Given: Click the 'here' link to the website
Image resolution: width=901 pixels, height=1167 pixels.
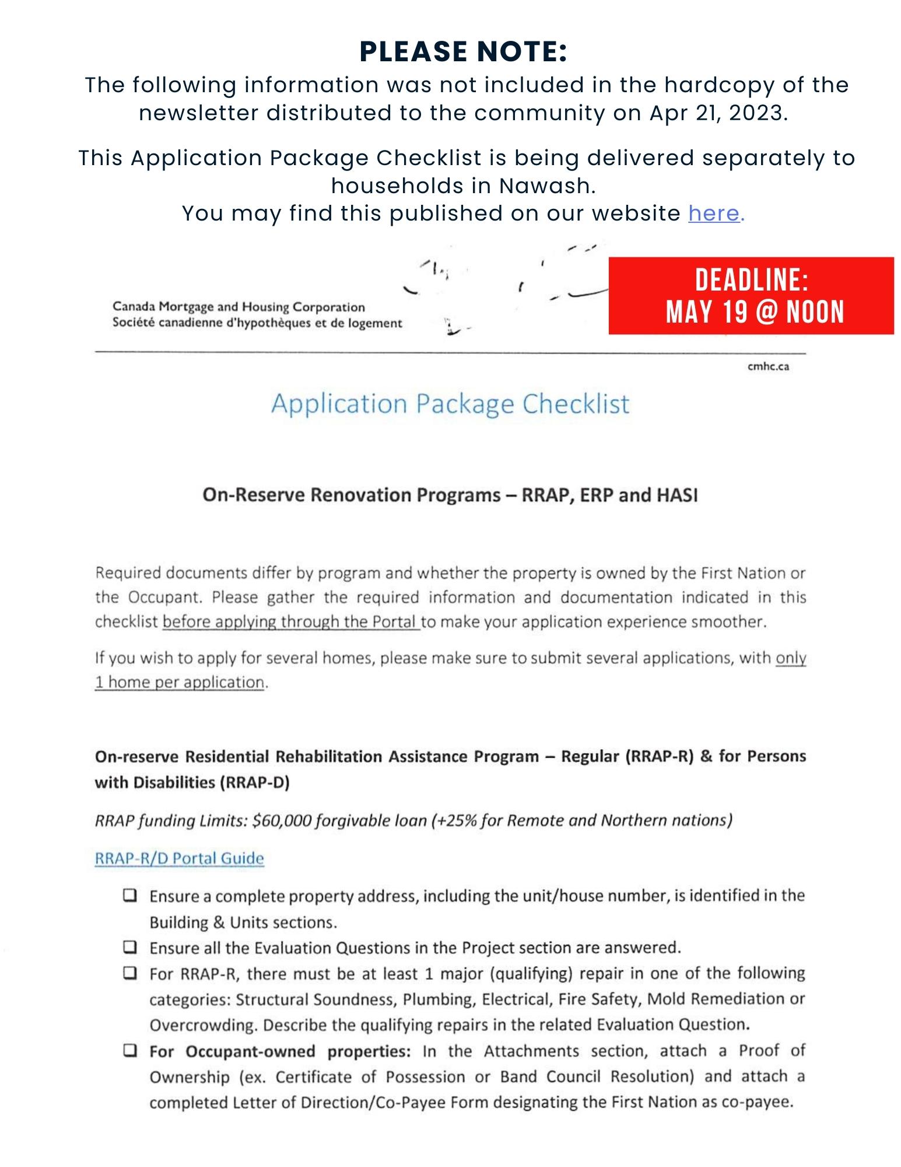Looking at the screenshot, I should [x=714, y=214].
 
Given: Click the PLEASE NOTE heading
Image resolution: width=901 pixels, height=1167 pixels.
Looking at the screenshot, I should [x=463, y=51].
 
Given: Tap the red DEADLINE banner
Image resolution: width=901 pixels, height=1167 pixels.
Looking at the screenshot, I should [x=751, y=296].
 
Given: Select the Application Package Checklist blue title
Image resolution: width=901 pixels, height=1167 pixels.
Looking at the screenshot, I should [x=450, y=404].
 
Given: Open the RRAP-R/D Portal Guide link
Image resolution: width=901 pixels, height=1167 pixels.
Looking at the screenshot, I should [x=179, y=858].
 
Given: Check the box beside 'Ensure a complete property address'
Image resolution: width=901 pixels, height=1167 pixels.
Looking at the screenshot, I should [x=130, y=895].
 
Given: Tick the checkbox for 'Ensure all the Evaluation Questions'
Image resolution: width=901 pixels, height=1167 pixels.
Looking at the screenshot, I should [x=130, y=946].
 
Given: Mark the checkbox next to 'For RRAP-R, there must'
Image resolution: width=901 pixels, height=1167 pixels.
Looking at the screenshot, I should [x=130, y=973].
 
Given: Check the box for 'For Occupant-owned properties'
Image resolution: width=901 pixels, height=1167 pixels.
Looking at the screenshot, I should [x=130, y=1051].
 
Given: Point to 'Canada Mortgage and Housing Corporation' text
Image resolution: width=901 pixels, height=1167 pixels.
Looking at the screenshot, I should [x=239, y=307].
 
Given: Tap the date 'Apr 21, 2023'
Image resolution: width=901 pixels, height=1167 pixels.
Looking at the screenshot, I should [x=717, y=113].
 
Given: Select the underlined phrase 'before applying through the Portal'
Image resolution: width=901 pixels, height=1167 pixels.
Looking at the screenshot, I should [x=290, y=622].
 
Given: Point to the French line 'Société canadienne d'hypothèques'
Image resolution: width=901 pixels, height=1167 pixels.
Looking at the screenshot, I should [x=257, y=323].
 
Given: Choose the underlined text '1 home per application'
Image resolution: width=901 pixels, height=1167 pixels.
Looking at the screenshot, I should [x=180, y=682].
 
